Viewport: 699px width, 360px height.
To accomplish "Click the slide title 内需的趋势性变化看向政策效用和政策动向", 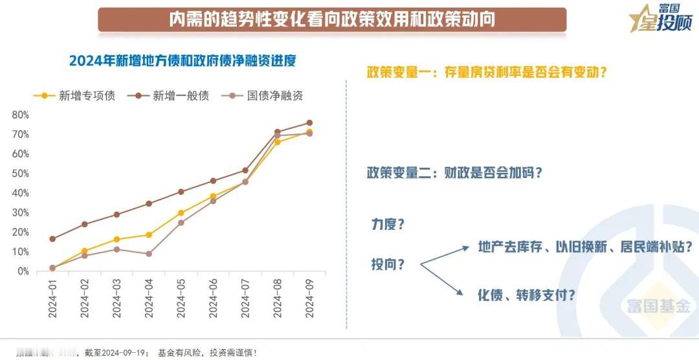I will coord(332,19).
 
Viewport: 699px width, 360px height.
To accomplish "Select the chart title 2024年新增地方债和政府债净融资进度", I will coord(183,61).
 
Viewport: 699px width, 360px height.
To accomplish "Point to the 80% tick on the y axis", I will coord(20,115).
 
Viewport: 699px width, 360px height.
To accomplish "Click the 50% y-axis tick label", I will coord(20,174).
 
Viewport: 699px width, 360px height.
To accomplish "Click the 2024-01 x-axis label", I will coord(52,298).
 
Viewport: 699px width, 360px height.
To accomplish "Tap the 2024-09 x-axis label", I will coord(309,298).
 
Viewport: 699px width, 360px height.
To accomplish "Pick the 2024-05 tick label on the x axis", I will coord(181,298).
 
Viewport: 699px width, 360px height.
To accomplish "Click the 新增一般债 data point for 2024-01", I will coord(52,239).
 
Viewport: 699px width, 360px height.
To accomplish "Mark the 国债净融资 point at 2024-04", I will coord(149,254).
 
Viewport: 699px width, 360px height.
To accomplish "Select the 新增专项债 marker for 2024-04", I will coord(149,235).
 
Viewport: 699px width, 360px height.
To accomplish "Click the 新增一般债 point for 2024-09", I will coord(309,123).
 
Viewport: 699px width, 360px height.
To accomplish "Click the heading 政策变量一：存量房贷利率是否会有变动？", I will coord(487,72).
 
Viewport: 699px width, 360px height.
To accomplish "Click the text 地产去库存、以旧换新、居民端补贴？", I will coord(586,247).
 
